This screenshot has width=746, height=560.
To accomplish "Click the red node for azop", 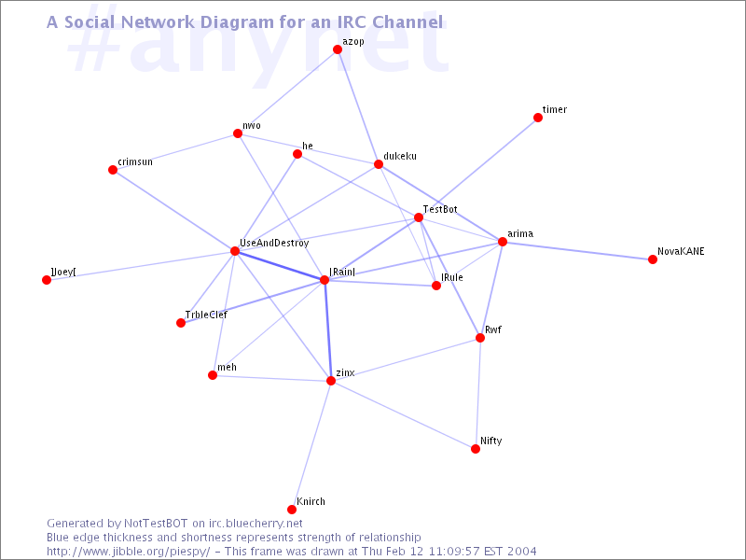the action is (338, 49).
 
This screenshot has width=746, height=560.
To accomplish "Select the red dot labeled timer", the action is (538, 118).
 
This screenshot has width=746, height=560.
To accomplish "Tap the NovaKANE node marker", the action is (652, 259).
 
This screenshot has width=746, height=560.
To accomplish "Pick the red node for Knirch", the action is (292, 510).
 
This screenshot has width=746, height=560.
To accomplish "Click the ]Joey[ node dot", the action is (47, 280).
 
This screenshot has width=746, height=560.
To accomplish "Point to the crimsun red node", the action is (113, 170).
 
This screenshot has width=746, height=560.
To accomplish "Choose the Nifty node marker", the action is (476, 449).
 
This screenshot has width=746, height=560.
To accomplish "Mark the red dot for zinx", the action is (331, 381).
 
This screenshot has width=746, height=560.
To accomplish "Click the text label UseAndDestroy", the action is (274, 243).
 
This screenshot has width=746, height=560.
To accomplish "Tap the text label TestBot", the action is (440, 209).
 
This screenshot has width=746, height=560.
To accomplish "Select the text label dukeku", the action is (400, 156).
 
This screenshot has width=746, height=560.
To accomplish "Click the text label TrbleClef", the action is (206, 315).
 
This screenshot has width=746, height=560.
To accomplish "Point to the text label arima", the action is (520, 233).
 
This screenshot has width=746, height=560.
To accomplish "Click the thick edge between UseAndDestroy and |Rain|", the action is (280, 266).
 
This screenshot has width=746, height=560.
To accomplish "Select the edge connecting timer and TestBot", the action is (478, 168).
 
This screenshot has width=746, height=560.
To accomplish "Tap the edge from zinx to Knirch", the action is (311, 445).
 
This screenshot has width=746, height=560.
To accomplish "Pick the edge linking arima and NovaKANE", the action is (577, 250).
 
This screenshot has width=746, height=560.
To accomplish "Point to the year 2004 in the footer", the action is (521, 552).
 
